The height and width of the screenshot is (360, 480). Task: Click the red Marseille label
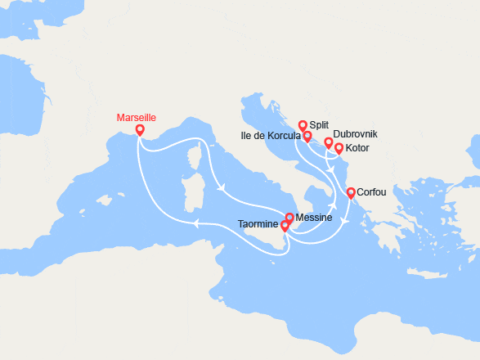pyautogui.click(x=138, y=118)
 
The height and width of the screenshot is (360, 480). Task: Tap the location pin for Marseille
pyautogui.click(x=140, y=130)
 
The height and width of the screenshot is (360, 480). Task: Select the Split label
pyautogui.click(x=319, y=124)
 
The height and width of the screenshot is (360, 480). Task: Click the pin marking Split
pyautogui.click(x=303, y=126)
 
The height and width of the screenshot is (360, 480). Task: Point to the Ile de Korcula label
pyautogui.click(x=271, y=135)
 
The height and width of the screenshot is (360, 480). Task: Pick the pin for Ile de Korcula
pyautogui.click(x=307, y=137)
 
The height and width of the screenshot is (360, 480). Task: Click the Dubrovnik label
pyautogui.click(x=355, y=133)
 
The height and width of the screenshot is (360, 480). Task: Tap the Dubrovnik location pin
pyautogui.click(x=329, y=143)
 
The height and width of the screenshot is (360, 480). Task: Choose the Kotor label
pyautogui.click(x=357, y=148)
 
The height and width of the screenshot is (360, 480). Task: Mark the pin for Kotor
pyautogui.click(x=339, y=149)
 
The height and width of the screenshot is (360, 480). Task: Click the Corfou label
pyautogui.click(x=372, y=193)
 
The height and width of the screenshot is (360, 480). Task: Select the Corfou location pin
pyautogui.click(x=351, y=193)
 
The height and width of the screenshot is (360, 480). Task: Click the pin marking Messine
pyautogui.click(x=289, y=218)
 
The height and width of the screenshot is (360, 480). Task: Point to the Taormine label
pyautogui.click(x=258, y=224)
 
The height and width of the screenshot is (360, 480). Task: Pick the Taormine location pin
pyautogui.click(x=285, y=225)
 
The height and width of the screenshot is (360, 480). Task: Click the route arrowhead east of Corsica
pyautogui.click(x=222, y=189)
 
